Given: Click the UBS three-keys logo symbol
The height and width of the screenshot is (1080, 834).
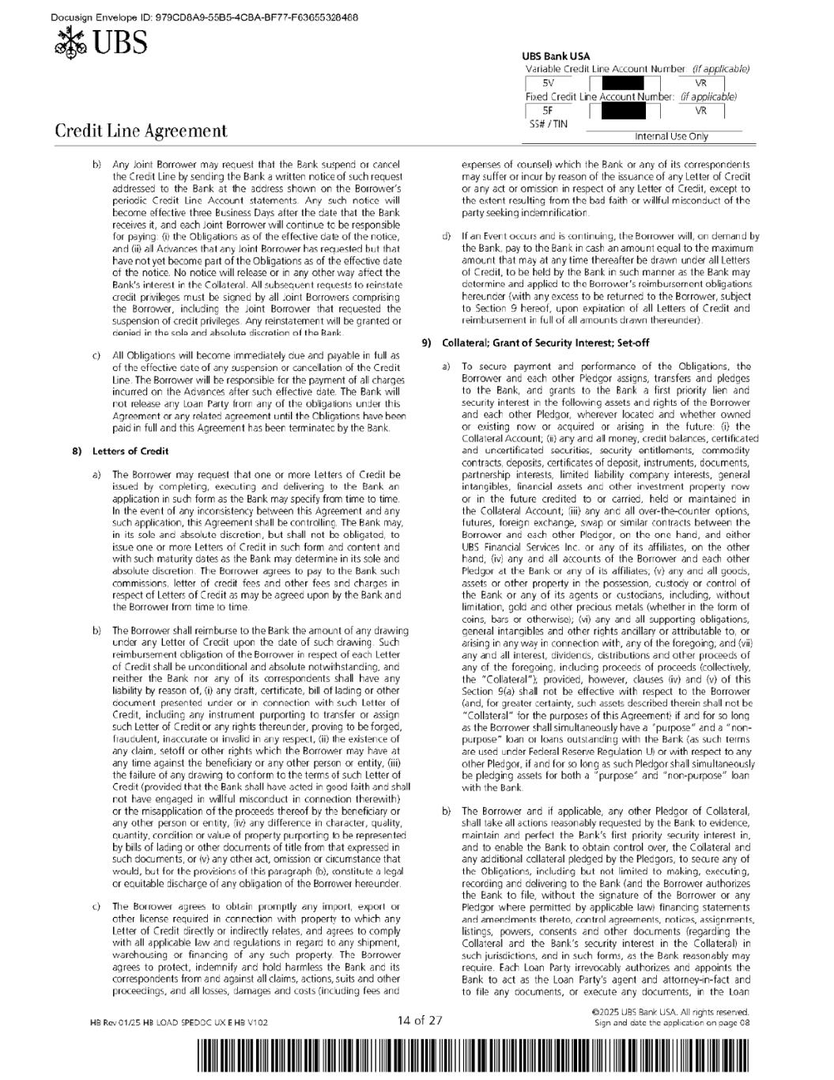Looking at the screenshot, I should [x=71, y=43].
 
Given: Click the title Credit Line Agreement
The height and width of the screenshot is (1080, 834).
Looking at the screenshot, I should [x=141, y=131].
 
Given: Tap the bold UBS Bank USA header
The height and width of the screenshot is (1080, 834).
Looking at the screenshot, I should [x=556, y=57].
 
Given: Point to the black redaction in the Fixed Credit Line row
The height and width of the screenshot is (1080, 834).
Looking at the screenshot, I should [x=629, y=111].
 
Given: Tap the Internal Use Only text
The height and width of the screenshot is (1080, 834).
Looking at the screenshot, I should [x=671, y=136].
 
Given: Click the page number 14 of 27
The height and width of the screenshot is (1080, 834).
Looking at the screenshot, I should [x=420, y=1020].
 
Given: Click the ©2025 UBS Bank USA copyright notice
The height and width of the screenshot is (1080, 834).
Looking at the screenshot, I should [x=670, y=1011].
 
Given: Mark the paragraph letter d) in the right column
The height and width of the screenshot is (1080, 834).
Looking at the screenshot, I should [x=447, y=236].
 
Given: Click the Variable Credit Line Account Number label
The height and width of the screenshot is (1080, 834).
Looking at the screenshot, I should [x=606, y=69].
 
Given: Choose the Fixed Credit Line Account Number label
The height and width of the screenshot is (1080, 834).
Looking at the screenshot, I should [x=600, y=97].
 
